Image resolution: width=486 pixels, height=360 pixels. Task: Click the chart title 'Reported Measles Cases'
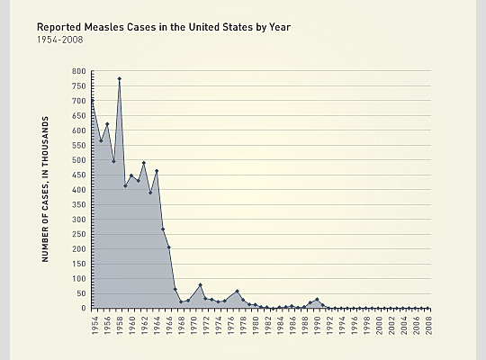tap(163, 27)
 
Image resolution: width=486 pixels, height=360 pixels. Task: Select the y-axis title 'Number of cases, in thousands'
tap(44, 189)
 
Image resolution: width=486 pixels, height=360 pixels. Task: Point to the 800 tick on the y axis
tap(79, 71)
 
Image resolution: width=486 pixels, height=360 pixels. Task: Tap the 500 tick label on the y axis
tap(79, 160)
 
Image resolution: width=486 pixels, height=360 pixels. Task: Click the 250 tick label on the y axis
tap(79, 234)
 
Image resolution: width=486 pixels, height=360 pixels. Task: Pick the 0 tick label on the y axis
tap(83, 309)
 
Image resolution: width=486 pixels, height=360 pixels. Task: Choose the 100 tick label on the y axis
tap(79, 279)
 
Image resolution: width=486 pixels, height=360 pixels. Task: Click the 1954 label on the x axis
tap(94, 325)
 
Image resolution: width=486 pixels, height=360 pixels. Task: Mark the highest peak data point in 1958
tap(119, 78)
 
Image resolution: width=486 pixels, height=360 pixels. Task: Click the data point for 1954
tap(94, 100)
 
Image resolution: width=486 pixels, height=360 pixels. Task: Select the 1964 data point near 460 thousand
tap(157, 171)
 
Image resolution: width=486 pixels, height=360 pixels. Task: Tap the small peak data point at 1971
tap(201, 285)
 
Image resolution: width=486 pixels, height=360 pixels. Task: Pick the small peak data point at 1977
tap(238, 291)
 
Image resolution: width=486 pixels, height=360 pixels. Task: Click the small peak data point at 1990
tap(317, 300)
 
